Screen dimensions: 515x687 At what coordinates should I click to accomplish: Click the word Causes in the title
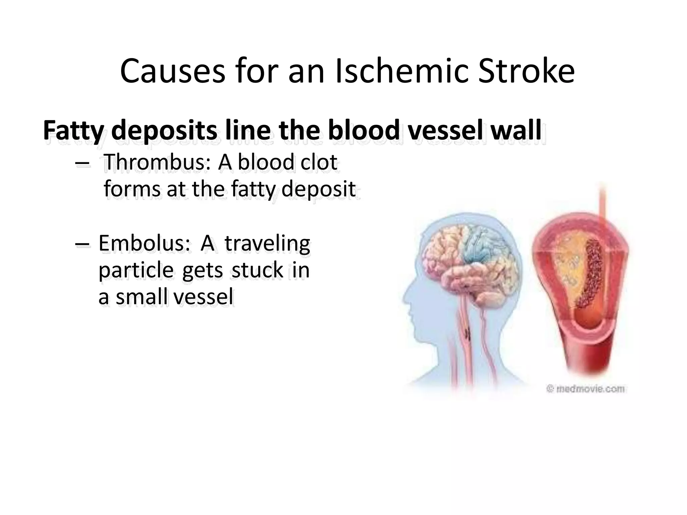tap(172, 72)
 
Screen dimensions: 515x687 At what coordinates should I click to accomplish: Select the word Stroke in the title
tap(526, 72)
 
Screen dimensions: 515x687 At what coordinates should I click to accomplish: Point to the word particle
tap(136, 270)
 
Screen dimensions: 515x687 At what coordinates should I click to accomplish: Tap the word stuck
tap(258, 270)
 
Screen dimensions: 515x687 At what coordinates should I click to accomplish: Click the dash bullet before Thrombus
tap(83, 164)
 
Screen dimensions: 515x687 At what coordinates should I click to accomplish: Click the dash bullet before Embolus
tap(83, 245)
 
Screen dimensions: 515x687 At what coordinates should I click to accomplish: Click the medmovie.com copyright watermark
tap(585, 389)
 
